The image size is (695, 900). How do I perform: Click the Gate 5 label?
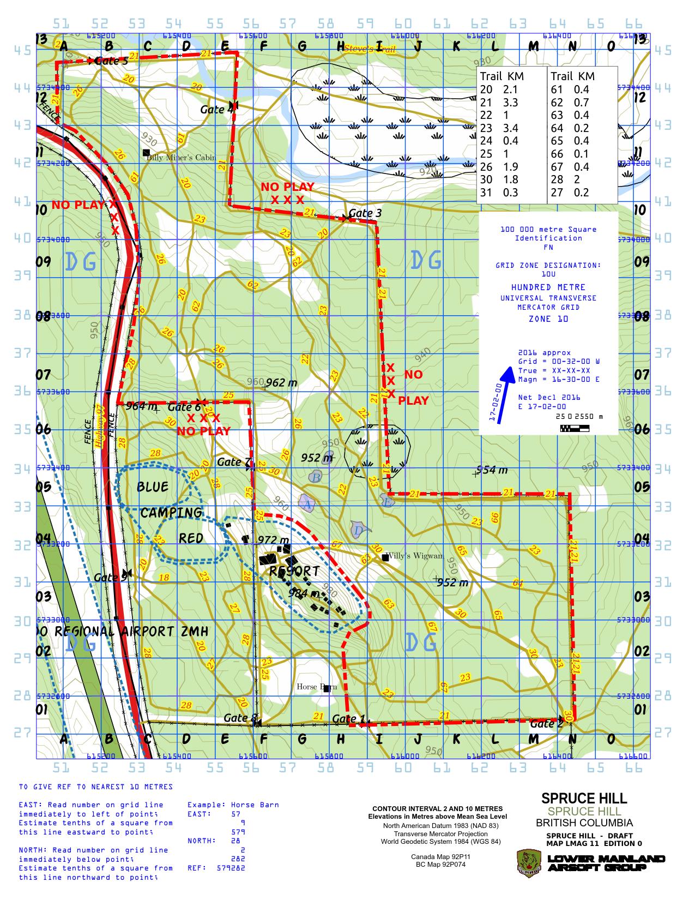(x=111, y=61)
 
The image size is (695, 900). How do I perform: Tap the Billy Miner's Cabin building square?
(x=146, y=152)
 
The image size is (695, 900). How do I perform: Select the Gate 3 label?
(x=365, y=213)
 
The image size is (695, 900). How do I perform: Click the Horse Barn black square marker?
(x=327, y=688)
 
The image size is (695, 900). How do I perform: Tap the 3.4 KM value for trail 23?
(x=511, y=128)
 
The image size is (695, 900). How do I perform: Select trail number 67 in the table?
(x=557, y=167)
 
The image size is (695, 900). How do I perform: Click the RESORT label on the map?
(x=294, y=571)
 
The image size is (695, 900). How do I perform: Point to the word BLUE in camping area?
(x=152, y=487)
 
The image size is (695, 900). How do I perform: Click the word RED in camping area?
(x=191, y=538)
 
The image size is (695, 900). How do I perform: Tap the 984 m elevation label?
(x=304, y=592)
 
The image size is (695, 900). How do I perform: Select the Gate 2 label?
(x=546, y=724)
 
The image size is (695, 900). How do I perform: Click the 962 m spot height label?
(x=282, y=383)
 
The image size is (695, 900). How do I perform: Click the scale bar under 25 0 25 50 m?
(x=574, y=428)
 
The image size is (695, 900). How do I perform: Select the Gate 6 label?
(x=184, y=407)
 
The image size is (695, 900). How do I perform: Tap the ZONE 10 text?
(x=548, y=319)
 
